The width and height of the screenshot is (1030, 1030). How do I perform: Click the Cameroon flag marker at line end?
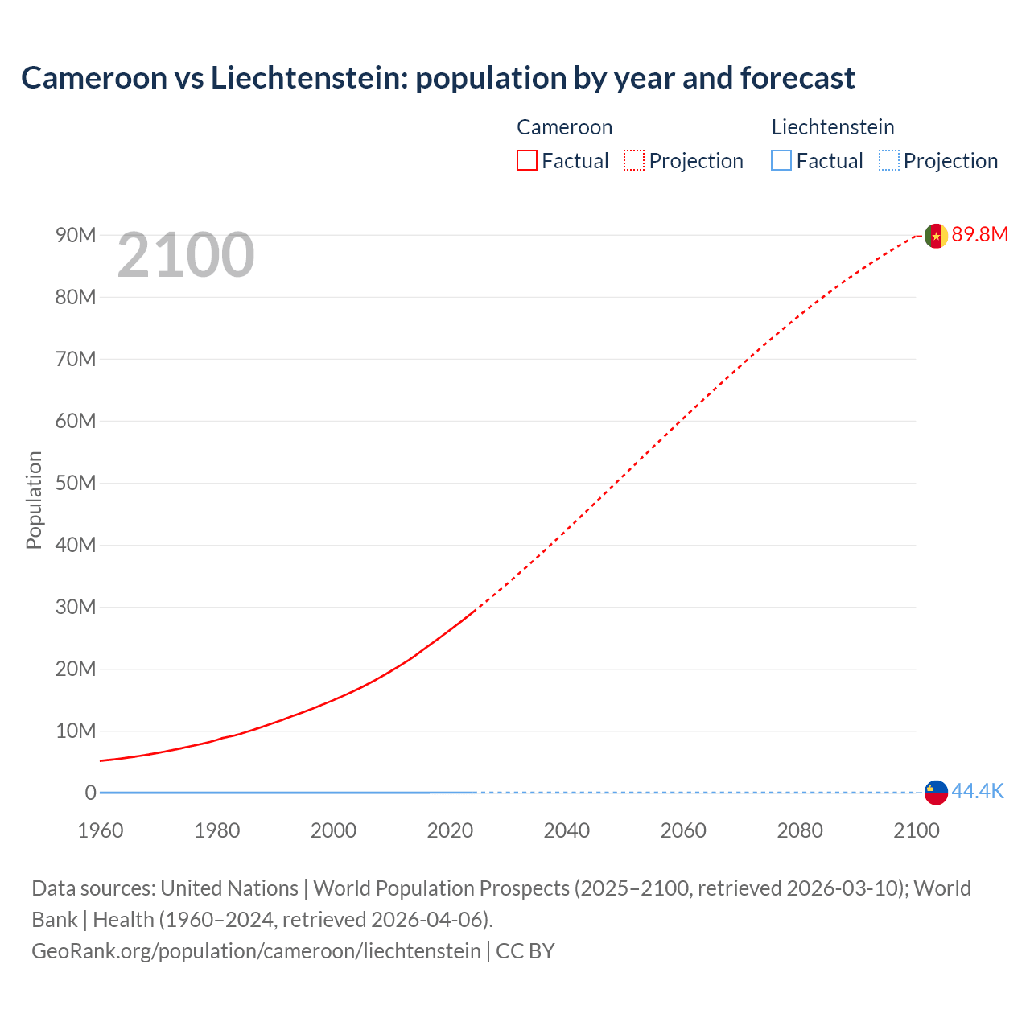coord(936,236)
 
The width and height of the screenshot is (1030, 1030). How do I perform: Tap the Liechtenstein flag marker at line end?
coord(936,793)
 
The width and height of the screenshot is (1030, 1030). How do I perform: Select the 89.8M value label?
coord(979,235)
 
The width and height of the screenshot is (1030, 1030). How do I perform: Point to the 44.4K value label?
coord(978,792)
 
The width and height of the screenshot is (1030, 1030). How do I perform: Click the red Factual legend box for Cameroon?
coord(527,161)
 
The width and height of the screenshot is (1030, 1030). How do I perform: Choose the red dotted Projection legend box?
coord(634,161)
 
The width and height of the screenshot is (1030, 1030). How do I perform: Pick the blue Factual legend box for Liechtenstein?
coord(781,161)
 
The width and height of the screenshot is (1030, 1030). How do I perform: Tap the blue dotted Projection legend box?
coord(889,161)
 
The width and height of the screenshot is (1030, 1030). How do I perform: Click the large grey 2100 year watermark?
coord(186,256)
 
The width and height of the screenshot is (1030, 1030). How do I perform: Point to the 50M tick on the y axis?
coord(76,483)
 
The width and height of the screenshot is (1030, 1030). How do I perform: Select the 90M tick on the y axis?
coord(76,235)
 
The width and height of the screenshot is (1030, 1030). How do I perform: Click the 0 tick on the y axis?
coord(90,793)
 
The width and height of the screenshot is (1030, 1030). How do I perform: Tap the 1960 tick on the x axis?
coord(101,830)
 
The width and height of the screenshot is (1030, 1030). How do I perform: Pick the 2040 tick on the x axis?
coord(566,830)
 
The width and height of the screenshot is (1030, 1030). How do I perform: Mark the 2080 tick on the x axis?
coord(800,830)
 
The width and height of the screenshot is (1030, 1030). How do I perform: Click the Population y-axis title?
coord(34,500)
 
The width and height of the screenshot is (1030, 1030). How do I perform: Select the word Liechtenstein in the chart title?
coord(308,78)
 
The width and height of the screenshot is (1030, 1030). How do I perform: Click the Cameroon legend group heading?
coord(564,127)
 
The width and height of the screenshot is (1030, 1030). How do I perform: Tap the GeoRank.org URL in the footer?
coord(256,951)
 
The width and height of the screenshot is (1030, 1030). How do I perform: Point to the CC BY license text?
coord(525,951)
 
